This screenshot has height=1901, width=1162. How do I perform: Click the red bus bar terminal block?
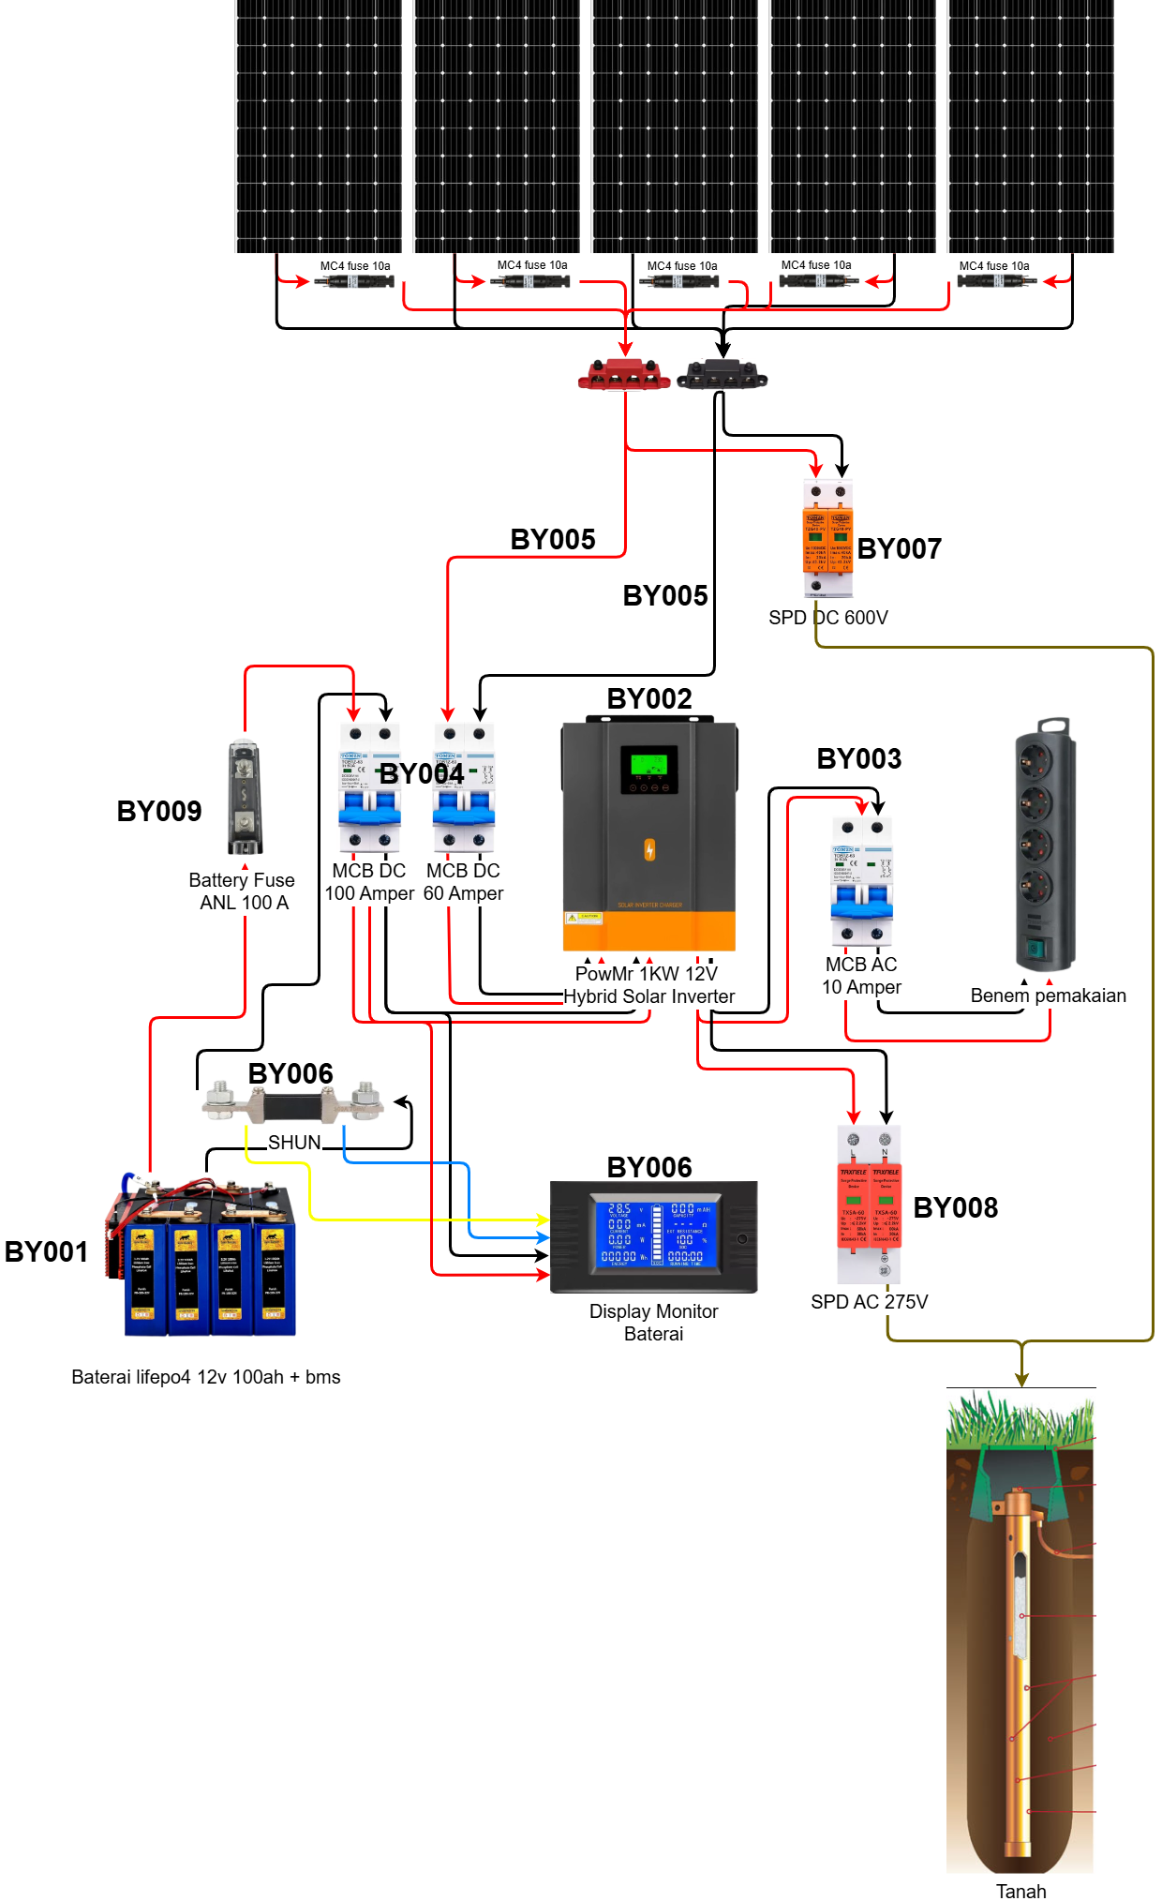pyautogui.click(x=624, y=375)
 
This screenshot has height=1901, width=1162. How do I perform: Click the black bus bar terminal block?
pyautogui.click(x=722, y=375)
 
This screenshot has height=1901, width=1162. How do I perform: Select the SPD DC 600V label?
pyautogui.click(x=828, y=618)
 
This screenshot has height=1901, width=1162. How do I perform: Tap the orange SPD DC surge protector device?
pyautogui.click(x=828, y=540)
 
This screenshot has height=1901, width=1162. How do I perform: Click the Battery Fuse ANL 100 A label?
pyautogui.click(x=244, y=891)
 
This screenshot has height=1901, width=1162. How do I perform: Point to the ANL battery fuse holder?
pyautogui.click(x=245, y=797)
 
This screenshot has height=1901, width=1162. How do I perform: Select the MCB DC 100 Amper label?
pyautogui.click(x=369, y=882)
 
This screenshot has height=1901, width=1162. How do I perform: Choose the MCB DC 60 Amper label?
pyautogui.click(x=463, y=882)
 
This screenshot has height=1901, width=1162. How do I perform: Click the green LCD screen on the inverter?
pyautogui.click(x=648, y=764)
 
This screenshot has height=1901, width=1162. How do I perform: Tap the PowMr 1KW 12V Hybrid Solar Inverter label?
pyautogui.click(x=648, y=985)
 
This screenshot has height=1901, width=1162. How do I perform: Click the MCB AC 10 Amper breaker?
pyautogui.click(x=861, y=880)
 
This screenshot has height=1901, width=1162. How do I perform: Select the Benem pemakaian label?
pyautogui.click(x=1048, y=995)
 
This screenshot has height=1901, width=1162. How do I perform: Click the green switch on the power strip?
pyautogui.click(x=1035, y=947)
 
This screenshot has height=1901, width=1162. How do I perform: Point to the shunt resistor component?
pyautogui.click(x=293, y=1102)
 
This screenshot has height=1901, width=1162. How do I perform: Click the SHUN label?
pyautogui.click(x=294, y=1143)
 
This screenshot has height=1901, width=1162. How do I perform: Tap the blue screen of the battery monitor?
pyautogui.click(x=655, y=1234)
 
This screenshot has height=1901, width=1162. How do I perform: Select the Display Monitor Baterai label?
pyautogui.click(x=654, y=1323)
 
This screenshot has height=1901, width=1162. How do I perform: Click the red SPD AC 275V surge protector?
pyautogui.click(x=869, y=1205)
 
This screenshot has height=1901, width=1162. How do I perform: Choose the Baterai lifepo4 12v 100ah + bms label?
pyautogui.click(x=206, y=1377)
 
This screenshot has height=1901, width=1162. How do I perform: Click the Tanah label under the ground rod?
pyautogui.click(x=1020, y=1891)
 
